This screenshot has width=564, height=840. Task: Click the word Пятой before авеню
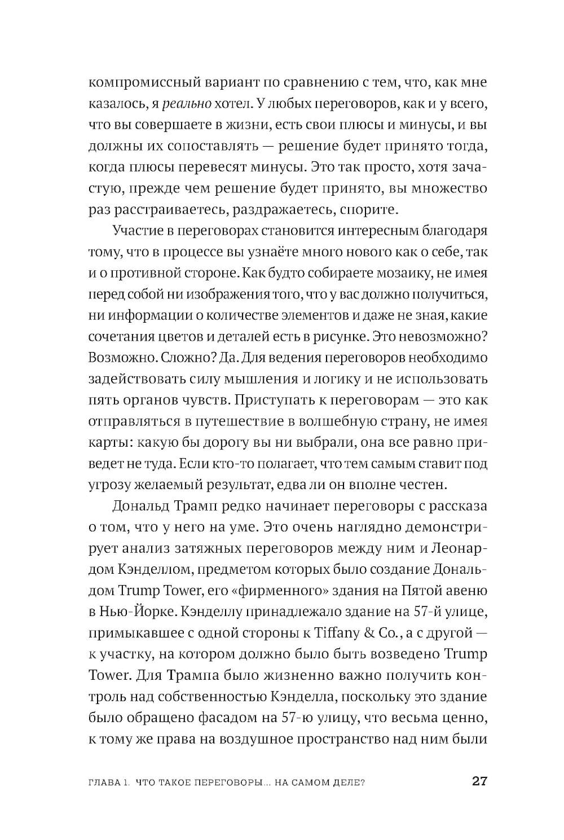click(415, 590)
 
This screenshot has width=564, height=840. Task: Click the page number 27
click(479, 781)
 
